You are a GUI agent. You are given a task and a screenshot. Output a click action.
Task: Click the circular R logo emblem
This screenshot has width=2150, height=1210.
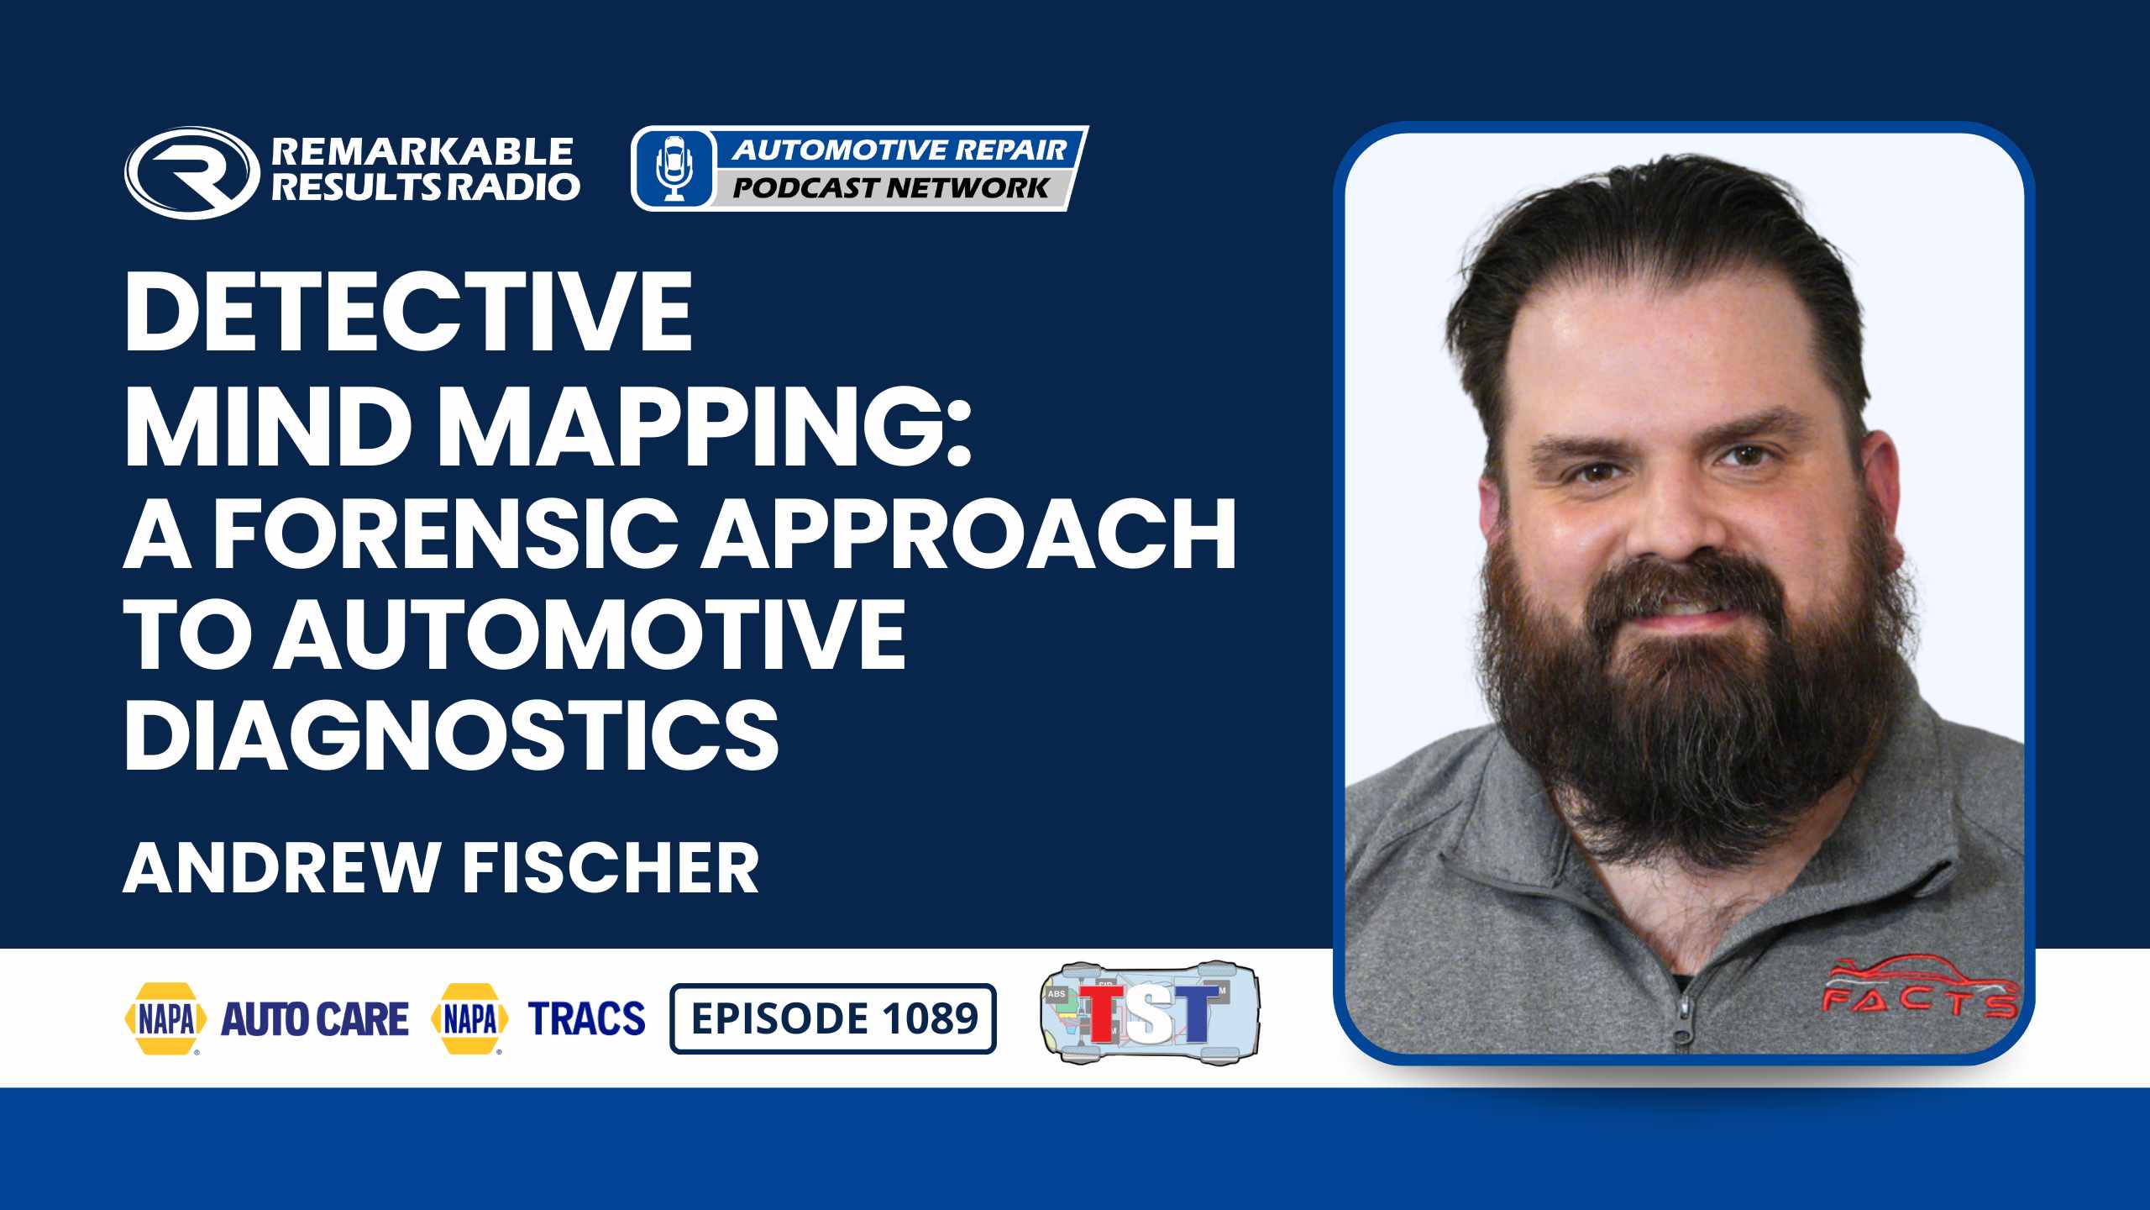point(192,172)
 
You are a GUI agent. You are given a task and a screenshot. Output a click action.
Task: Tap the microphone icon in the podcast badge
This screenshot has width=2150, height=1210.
point(674,168)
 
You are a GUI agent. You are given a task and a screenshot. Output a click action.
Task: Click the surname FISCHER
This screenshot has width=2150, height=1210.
point(611,868)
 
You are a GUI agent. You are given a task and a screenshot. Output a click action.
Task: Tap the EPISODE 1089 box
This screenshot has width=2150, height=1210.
point(833,1018)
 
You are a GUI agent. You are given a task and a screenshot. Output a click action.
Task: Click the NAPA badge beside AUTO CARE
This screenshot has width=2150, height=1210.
point(165,1018)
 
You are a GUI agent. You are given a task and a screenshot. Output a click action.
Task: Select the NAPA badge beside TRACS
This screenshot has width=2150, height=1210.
point(469,1018)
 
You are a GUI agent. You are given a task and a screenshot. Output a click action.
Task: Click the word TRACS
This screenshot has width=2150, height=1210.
point(587,1018)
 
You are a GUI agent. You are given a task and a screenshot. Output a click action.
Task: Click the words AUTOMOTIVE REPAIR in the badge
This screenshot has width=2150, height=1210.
point(899,150)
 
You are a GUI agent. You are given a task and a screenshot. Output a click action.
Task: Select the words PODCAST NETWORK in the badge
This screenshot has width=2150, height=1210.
point(891,187)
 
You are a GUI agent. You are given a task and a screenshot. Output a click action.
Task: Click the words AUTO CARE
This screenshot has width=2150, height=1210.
point(314,1018)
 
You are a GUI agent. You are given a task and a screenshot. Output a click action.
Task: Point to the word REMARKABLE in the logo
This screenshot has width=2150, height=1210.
point(422,151)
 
